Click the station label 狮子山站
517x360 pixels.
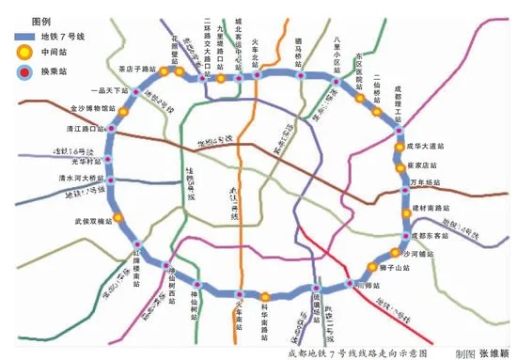[402, 268]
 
